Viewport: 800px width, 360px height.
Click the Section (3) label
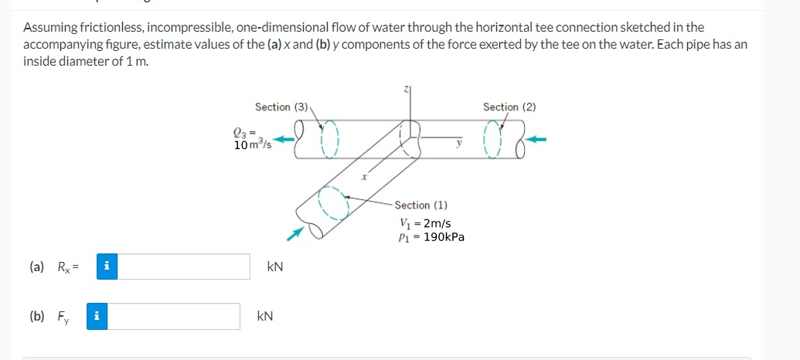coord(281,107)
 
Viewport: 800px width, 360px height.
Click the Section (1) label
coord(421,205)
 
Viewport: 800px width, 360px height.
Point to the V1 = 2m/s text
coord(425,223)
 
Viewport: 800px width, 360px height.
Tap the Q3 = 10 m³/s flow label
coord(250,139)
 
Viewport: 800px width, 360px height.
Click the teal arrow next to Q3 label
coord(285,140)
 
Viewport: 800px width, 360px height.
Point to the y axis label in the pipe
coord(458,141)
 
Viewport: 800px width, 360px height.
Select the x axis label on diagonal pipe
coord(363,176)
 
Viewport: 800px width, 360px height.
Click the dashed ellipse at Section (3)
coord(329,138)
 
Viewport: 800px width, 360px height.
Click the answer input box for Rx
coord(184,267)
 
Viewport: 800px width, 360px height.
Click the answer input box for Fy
coord(173,316)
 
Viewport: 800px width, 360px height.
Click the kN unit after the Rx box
coord(274,267)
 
